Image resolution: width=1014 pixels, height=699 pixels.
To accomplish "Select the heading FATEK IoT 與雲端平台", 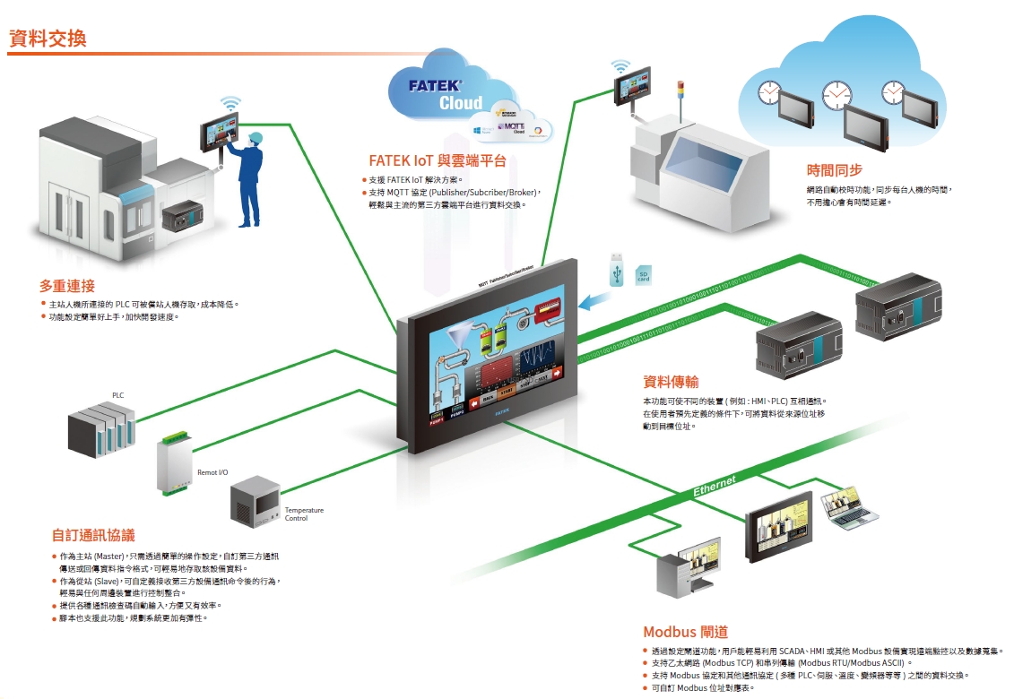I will pos(438,161).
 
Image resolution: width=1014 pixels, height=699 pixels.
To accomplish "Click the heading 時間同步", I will pos(834,170).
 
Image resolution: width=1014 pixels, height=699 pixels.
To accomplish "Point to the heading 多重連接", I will pos(66,286).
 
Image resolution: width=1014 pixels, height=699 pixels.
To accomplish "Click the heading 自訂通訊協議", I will pos(92,536).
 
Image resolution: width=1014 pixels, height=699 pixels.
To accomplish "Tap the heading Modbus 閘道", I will pos(685,632).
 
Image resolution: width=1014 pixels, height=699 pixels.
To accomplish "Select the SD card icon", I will pos(644,276).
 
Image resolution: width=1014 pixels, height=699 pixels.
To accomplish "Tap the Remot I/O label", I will pos(212,471).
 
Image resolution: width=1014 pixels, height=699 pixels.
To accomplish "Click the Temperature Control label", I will pos(304,514).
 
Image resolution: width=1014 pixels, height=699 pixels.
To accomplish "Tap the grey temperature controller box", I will pos(256,502).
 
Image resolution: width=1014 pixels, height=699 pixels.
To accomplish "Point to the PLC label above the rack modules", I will pos(118,395).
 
